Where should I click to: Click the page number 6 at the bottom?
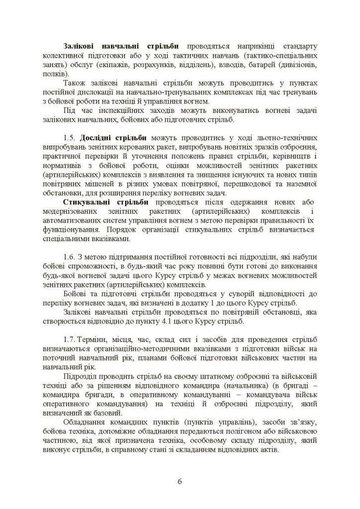tap(180, 482)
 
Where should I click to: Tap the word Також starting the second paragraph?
tap(75, 82)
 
